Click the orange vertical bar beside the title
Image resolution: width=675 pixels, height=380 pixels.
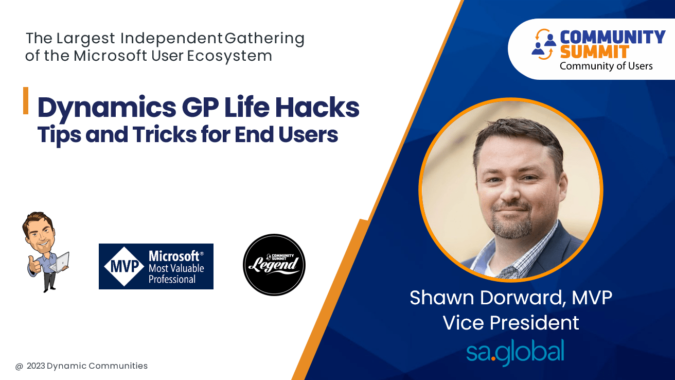coord(26,100)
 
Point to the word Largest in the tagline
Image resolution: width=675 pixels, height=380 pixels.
coord(86,39)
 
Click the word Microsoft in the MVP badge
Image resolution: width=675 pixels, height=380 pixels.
coord(174,256)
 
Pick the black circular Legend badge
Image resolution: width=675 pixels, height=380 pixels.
coord(274,265)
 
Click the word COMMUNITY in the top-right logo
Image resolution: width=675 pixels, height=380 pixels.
coord(612,37)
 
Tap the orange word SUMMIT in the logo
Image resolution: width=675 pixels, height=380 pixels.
coord(594,51)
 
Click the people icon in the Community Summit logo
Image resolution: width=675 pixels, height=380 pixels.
coord(544,44)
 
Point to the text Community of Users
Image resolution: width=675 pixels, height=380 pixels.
coord(606,66)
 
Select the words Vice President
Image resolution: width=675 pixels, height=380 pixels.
coord(511,323)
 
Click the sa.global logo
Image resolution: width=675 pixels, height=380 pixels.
coord(514,352)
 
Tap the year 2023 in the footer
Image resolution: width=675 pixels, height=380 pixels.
coord(35,366)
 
